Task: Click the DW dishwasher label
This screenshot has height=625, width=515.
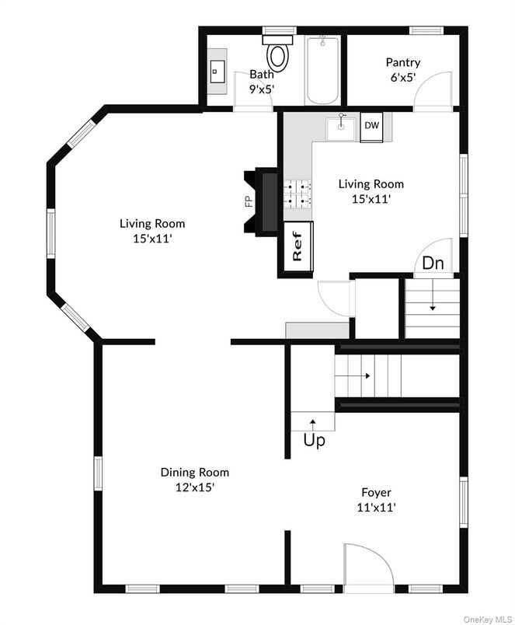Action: (x=372, y=125)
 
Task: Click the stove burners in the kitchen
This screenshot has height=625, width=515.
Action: (x=298, y=194)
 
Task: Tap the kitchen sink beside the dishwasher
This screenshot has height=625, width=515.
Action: (x=340, y=127)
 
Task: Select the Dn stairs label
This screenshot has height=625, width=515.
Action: (x=433, y=264)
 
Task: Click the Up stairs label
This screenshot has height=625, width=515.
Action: (x=314, y=441)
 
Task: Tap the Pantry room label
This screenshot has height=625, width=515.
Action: (x=402, y=62)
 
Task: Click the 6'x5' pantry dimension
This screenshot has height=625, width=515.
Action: (x=402, y=78)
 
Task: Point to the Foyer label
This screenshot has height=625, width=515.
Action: (x=376, y=492)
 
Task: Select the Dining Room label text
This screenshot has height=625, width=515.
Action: (x=194, y=472)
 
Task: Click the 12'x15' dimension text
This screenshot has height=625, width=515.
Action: (x=194, y=487)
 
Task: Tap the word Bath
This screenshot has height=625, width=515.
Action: (x=261, y=75)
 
